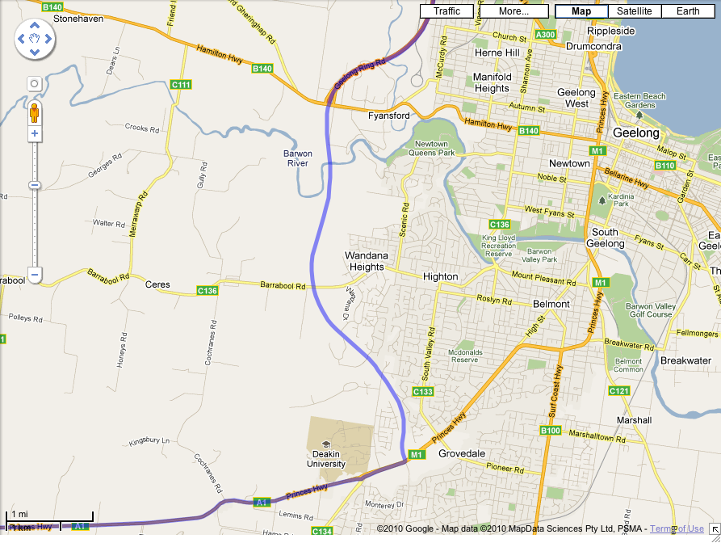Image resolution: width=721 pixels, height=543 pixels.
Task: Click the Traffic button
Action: [446, 11]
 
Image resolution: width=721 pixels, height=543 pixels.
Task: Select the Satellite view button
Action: [634, 11]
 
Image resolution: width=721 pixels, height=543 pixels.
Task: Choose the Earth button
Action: [688, 11]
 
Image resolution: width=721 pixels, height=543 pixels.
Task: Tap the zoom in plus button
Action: [35, 133]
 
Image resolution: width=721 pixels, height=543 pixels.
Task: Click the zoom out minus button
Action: [35, 275]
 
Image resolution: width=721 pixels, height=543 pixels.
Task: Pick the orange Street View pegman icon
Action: [35, 112]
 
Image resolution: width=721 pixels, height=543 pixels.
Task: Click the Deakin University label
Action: [325, 459]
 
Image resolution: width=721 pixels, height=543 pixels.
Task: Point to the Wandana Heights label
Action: [367, 261]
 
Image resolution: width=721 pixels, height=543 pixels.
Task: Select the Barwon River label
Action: [298, 158]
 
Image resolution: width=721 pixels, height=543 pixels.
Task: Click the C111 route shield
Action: [181, 85]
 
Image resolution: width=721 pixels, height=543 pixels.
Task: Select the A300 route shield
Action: [545, 35]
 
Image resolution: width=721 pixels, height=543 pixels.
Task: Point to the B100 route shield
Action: [550, 431]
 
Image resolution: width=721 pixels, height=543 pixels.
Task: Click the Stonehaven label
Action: [78, 18]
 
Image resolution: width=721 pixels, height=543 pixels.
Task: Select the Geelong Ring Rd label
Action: [360, 72]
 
